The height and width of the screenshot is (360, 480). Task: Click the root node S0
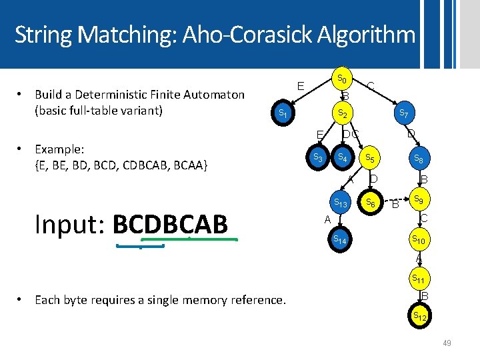[x=341, y=79]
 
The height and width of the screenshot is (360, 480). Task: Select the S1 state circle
[x=283, y=114]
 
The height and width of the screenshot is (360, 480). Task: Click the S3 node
[x=319, y=158]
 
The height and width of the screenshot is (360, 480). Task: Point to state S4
[x=342, y=158]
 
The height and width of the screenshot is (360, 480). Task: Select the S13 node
[x=342, y=203]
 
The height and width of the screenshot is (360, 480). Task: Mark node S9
[x=419, y=199]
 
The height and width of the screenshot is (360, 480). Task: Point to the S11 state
[x=419, y=279]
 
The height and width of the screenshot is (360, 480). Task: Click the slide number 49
[x=447, y=343]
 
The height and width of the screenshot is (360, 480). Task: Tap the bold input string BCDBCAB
[x=170, y=225]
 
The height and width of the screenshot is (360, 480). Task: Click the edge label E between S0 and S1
[x=301, y=86]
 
